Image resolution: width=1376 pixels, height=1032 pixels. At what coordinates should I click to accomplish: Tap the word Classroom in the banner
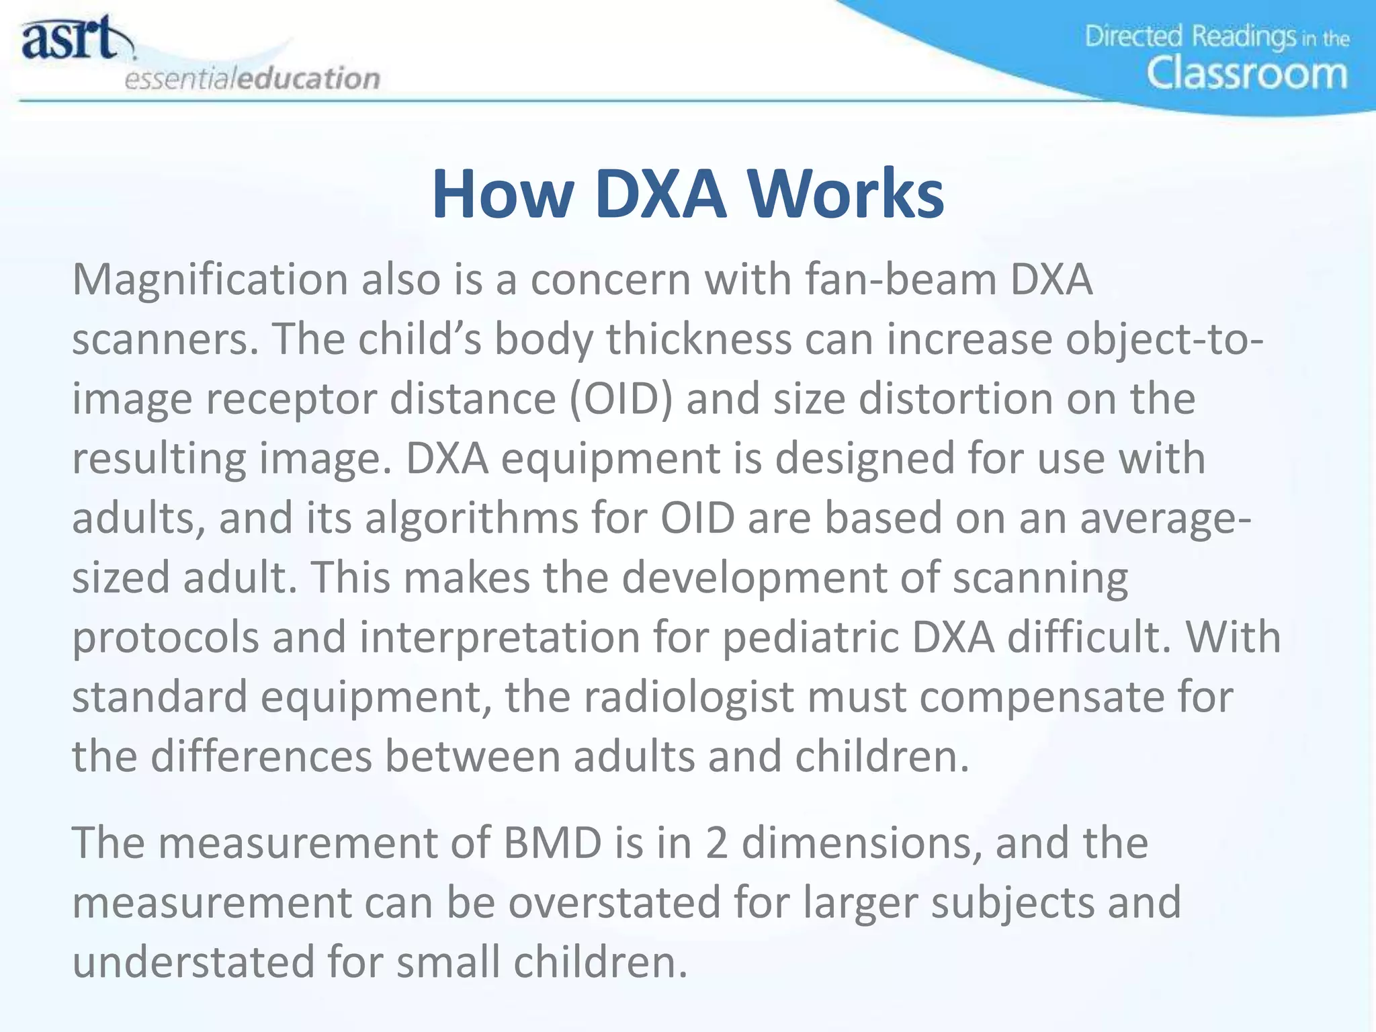click(x=1246, y=73)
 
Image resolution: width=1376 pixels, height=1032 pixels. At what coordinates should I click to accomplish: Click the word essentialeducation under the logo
click(x=253, y=79)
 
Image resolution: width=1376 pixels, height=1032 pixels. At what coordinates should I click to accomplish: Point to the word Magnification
click(x=210, y=279)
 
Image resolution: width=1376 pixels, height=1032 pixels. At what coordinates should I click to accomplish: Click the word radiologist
click(x=689, y=697)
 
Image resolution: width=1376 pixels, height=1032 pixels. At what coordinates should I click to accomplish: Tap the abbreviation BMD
click(x=552, y=843)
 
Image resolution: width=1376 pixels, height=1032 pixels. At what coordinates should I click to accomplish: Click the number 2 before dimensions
click(x=717, y=843)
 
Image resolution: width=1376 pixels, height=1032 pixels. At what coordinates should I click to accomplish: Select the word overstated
click(x=614, y=902)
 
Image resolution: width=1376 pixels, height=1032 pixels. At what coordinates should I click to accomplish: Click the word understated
click(x=193, y=961)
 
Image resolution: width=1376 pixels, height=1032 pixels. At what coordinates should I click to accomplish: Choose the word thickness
click(x=699, y=339)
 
